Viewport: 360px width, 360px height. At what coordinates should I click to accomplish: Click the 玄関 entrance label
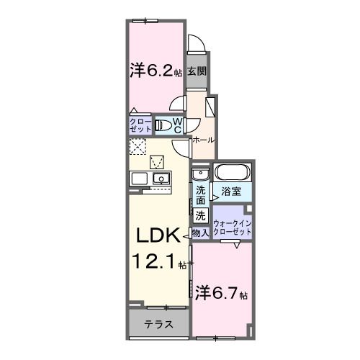(197, 71)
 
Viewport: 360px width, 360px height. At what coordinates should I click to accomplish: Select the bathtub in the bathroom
(232, 174)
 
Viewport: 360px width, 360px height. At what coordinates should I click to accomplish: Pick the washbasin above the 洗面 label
(200, 175)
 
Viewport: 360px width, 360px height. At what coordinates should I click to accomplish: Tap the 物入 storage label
(201, 232)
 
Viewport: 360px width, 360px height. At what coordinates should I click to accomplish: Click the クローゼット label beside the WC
(141, 125)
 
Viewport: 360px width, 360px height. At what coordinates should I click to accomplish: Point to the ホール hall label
(203, 140)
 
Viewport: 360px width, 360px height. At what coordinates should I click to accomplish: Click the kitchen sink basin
(159, 179)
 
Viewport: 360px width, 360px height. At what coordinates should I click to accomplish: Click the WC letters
(178, 125)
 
